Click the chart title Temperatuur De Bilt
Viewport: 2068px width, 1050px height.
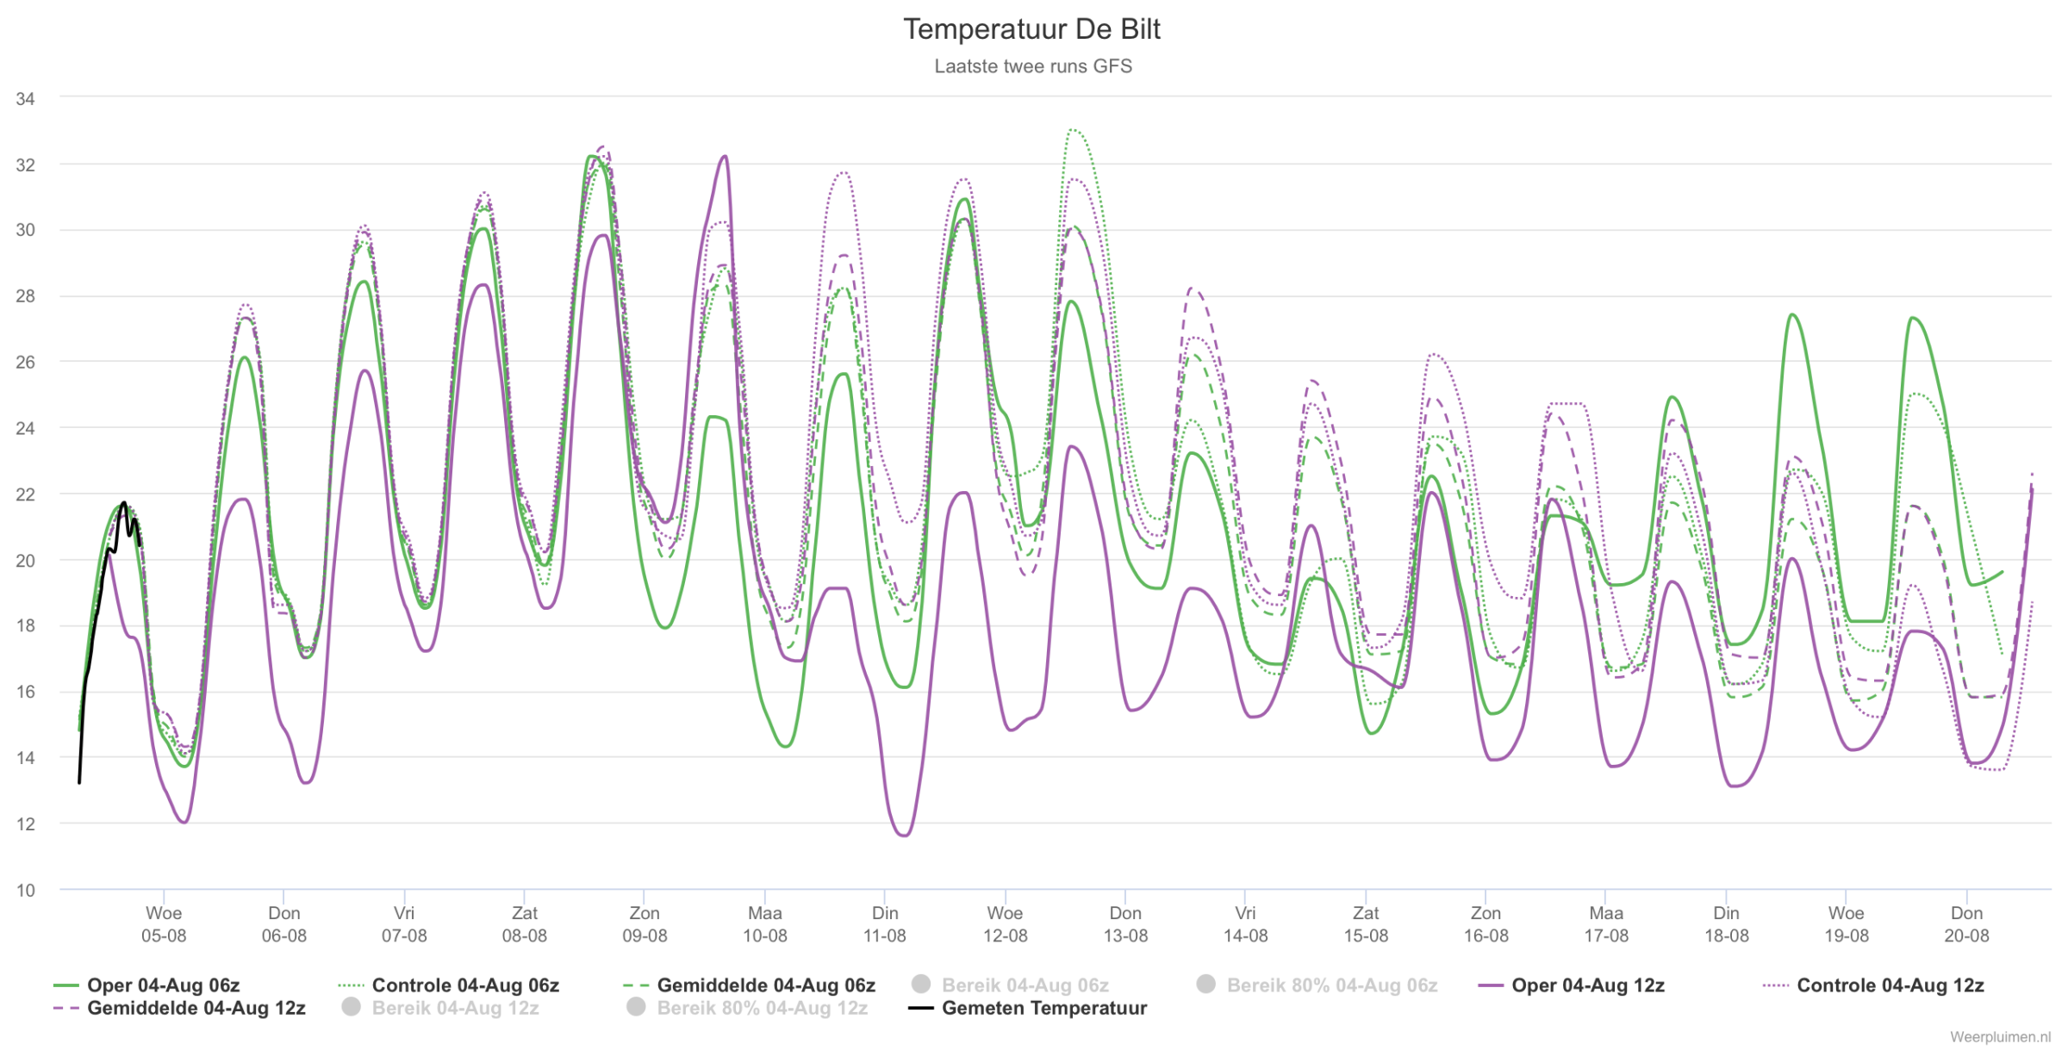click(1031, 29)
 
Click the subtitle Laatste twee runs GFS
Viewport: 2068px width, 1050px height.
click(1033, 66)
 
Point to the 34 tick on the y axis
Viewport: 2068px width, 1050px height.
click(25, 99)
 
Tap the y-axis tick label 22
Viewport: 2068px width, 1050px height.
click(25, 494)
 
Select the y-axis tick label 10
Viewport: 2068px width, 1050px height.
click(25, 891)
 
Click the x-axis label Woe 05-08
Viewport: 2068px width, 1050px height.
click(164, 924)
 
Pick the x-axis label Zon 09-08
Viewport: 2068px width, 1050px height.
click(645, 924)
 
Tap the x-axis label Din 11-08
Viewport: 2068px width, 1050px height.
click(885, 924)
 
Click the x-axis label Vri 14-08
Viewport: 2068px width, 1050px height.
click(1245, 924)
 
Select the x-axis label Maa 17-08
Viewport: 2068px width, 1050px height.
click(1606, 924)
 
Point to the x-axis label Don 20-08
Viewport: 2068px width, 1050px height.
click(1966, 924)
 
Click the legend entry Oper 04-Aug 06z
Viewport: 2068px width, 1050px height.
click(146, 985)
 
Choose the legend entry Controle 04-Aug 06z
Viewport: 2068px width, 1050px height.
click(449, 985)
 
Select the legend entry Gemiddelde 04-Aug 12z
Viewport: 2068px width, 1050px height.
click(179, 1008)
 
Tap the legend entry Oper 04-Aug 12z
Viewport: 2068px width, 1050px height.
click(1571, 985)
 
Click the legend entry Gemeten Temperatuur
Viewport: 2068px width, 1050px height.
click(1028, 1008)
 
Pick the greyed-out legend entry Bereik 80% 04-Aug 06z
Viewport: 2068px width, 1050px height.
click(1317, 985)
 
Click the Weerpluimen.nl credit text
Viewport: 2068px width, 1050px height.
click(2000, 1037)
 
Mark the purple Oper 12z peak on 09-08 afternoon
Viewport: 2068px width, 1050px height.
click(726, 157)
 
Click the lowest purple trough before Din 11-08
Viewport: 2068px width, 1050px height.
click(904, 836)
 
